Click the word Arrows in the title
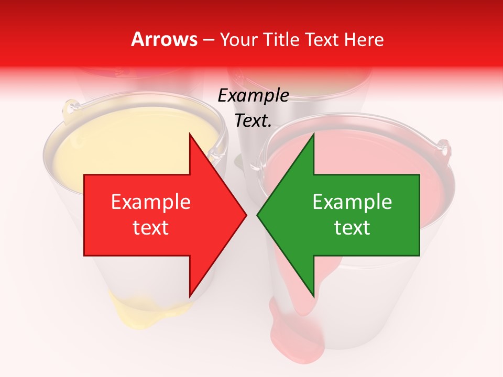[164, 39]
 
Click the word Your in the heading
[237, 39]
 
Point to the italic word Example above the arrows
[254, 95]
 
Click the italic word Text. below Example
[254, 120]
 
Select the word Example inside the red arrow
[151, 202]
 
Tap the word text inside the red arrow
[151, 228]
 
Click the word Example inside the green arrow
[352, 202]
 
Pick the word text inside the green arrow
[352, 228]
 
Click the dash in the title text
[207, 40]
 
